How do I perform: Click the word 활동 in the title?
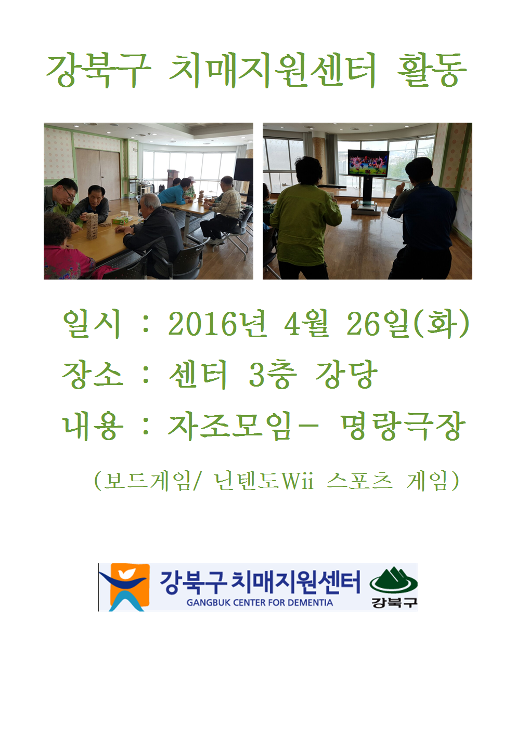click(432, 71)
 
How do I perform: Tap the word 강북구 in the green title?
click(98, 71)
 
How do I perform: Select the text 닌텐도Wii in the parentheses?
click(263, 481)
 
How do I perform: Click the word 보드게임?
click(146, 481)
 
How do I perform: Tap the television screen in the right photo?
click(368, 163)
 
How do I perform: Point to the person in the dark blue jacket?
click(422, 219)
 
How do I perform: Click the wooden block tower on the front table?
click(92, 226)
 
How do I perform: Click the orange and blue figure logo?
click(124, 587)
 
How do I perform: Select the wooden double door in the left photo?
click(98, 174)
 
